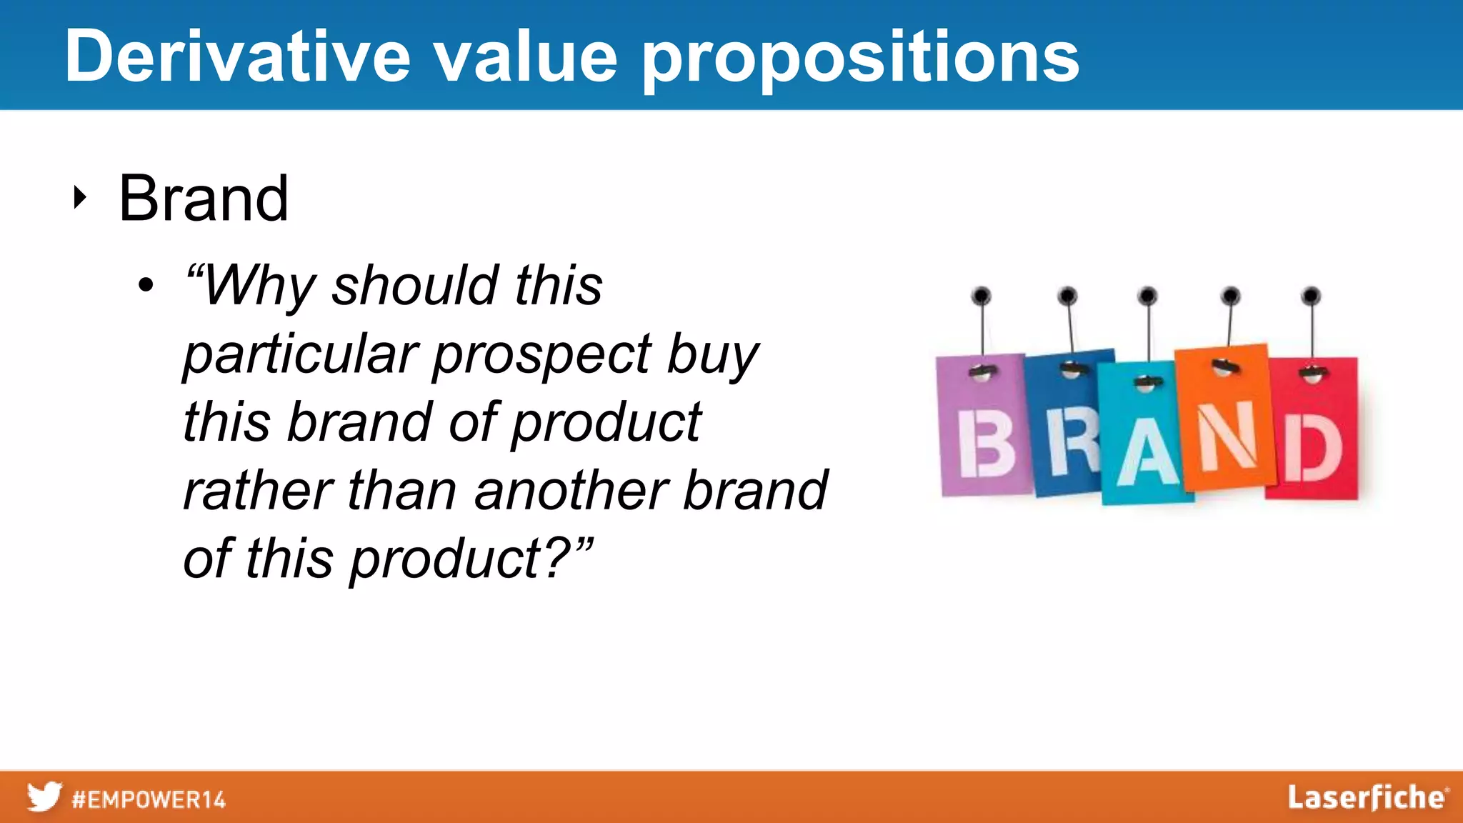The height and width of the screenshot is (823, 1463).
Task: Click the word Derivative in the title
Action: click(x=237, y=57)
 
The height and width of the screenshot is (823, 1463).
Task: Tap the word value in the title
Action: click(x=526, y=57)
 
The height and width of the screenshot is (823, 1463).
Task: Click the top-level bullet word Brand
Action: click(x=204, y=199)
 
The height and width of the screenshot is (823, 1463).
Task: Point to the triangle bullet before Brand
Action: click(x=80, y=197)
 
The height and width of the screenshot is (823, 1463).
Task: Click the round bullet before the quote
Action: click(x=146, y=286)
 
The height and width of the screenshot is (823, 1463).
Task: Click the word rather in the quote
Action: click(x=257, y=492)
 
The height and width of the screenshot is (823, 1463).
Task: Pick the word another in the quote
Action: click(x=570, y=492)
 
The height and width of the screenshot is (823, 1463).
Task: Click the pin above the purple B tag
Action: click(x=982, y=296)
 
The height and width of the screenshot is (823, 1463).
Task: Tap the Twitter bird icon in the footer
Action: click(x=44, y=797)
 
